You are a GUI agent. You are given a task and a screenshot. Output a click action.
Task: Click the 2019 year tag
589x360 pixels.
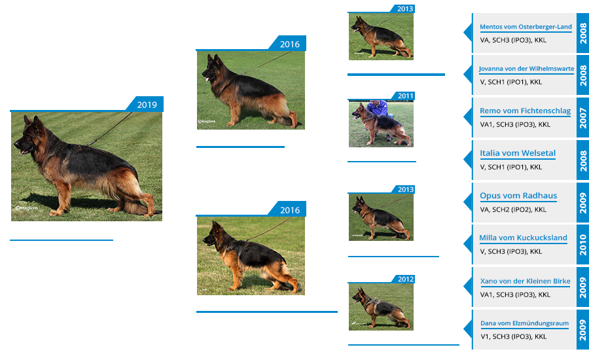(x=147, y=105)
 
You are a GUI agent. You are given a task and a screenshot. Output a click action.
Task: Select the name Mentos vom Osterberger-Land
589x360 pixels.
(x=526, y=27)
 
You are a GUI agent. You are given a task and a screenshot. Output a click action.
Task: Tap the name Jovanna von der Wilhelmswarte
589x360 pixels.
(x=526, y=69)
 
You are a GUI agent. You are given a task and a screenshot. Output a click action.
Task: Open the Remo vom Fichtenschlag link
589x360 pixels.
(x=525, y=111)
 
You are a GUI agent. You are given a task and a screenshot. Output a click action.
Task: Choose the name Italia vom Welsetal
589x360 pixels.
(x=518, y=153)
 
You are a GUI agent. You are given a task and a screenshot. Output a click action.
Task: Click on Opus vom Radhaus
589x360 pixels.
(x=518, y=196)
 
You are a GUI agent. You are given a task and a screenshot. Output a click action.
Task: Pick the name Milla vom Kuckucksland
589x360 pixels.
(x=524, y=238)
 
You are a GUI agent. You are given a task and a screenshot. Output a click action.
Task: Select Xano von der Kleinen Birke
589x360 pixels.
(x=525, y=281)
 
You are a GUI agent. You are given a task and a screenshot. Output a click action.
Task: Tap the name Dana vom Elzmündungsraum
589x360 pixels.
(x=524, y=323)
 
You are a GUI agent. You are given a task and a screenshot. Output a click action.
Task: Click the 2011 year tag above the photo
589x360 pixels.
(x=405, y=96)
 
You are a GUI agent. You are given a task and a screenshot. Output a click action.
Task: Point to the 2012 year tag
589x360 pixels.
(x=405, y=279)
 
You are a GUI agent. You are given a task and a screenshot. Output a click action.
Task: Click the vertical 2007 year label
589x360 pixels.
(x=583, y=118)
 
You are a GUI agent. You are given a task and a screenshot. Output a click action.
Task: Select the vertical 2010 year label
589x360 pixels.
(x=583, y=245)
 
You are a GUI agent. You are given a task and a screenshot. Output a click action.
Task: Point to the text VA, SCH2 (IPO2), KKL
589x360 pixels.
(x=513, y=209)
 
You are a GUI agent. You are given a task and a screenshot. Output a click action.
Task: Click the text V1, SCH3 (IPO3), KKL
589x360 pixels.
(x=514, y=336)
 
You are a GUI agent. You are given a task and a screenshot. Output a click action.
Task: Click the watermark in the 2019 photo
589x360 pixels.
(x=27, y=207)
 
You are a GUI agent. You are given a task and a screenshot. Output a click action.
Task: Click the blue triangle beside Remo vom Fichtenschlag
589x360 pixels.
(x=468, y=117)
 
